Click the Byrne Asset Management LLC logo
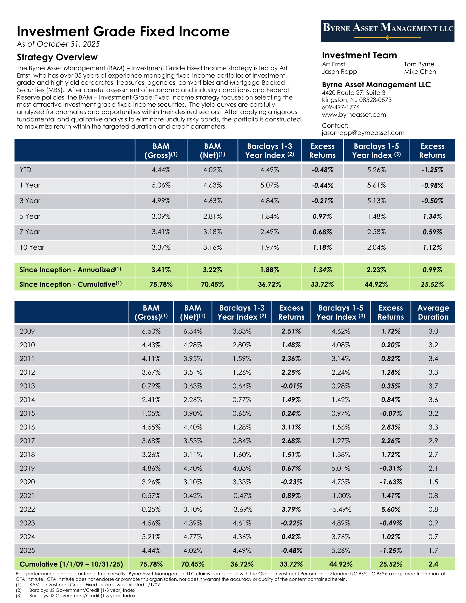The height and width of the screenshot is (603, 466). pyautogui.click(x=387, y=31)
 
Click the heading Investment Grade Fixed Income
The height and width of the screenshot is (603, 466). pyautogui.click(x=123, y=32)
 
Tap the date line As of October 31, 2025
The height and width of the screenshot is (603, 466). pyautogui.click(x=58, y=44)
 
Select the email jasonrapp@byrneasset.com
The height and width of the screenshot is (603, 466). pyautogui.click(x=363, y=133)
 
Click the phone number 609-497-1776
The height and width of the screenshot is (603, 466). pyautogui.click(x=340, y=107)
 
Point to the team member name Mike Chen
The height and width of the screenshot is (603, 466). pyautogui.click(x=420, y=72)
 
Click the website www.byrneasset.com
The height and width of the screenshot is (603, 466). pyautogui.click(x=354, y=115)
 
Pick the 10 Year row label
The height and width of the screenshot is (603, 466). pyautogui.click(x=32, y=248)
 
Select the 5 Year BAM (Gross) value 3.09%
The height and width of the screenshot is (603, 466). pyautogui.click(x=161, y=217)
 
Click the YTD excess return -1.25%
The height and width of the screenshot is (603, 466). pyautogui.click(x=432, y=170)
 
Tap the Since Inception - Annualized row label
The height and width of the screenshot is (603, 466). pyautogui.click(x=70, y=270)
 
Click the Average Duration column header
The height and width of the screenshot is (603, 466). pyautogui.click(x=433, y=312)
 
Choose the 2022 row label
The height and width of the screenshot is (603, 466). pyautogui.click(x=27, y=510)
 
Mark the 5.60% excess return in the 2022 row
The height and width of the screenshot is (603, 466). pyautogui.click(x=391, y=510)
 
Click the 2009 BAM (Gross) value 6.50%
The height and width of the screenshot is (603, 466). pyautogui.click(x=151, y=331)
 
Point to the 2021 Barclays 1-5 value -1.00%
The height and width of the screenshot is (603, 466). pyautogui.click(x=341, y=496)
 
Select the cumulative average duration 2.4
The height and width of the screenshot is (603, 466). pyautogui.click(x=433, y=564)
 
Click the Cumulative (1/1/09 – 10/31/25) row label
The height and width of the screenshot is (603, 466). pyautogui.click(x=71, y=564)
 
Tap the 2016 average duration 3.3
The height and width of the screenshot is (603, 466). pyautogui.click(x=433, y=427)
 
